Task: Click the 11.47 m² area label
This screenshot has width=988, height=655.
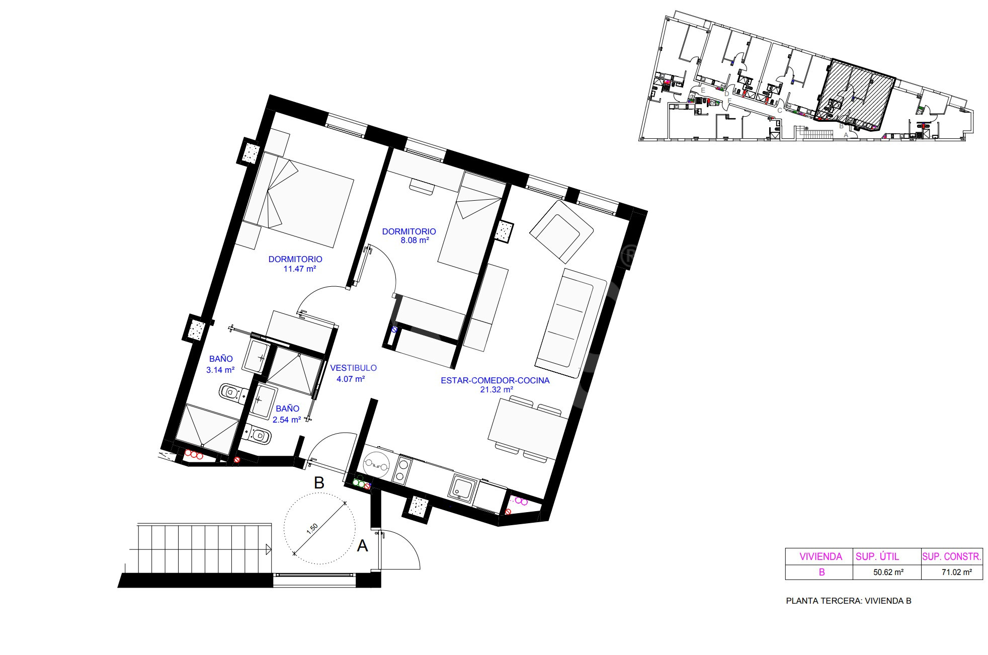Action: pos(300,269)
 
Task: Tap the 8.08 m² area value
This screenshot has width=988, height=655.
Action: pos(415,240)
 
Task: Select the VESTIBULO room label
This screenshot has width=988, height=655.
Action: pos(353,368)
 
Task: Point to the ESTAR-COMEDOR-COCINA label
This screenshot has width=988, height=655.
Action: pos(495,380)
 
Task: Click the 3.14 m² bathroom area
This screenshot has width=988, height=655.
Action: pos(220,370)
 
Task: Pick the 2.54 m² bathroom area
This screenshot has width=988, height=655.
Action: pos(287,419)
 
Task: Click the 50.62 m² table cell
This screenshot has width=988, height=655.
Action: pos(888,572)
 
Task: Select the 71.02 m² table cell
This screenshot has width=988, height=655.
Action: pos(956,572)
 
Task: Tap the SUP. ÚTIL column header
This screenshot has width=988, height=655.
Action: pos(877,556)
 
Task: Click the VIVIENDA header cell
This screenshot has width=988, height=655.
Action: pos(821,556)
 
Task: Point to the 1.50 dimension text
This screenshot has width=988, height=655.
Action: pos(312,528)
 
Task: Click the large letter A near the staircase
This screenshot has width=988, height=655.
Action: pos(362,545)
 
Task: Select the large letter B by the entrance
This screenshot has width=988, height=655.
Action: pos(319,483)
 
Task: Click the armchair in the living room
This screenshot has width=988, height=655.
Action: pos(561,232)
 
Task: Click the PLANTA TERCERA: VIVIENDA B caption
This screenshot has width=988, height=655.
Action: pos(849,601)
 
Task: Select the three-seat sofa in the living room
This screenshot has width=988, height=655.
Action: pos(571,323)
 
